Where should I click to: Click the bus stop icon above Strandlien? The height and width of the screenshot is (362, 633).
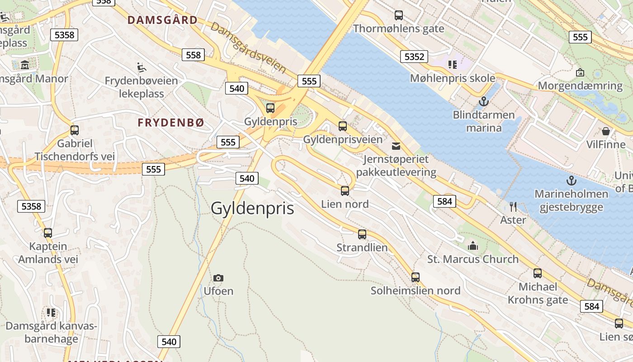click(362, 234)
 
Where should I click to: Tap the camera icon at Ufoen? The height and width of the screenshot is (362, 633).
click(218, 278)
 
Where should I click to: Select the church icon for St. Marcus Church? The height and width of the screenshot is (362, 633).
click(473, 246)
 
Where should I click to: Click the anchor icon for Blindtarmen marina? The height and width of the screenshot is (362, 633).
click(484, 101)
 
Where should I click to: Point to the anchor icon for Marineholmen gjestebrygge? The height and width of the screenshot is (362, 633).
click(572, 181)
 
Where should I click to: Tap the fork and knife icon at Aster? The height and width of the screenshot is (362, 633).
click(513, 207)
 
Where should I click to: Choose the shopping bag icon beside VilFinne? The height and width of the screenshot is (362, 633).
click(605, 132)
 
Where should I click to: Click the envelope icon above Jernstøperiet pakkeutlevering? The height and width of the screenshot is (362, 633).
click(396, 146)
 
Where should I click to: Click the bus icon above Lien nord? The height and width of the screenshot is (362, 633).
click(345, 191)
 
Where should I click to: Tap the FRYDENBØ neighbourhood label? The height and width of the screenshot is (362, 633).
click(171, 123)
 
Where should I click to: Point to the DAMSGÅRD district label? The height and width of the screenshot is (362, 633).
click(163, 20)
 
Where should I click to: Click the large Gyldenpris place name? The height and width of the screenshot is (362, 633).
click(252, 208)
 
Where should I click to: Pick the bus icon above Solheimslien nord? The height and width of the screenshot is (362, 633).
click(416, 277)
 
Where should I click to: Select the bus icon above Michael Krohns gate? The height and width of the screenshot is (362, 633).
click(537, 273)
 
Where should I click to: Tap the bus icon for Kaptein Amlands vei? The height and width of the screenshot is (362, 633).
click(48, 233)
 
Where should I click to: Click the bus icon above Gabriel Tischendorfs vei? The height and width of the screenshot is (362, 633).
click(75, 130)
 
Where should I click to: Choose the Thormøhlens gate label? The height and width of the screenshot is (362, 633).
click(398, 29)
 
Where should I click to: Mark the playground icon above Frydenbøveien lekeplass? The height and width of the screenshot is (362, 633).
click(141, 67)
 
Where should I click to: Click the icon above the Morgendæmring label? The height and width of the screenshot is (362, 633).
click(580, 72)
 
